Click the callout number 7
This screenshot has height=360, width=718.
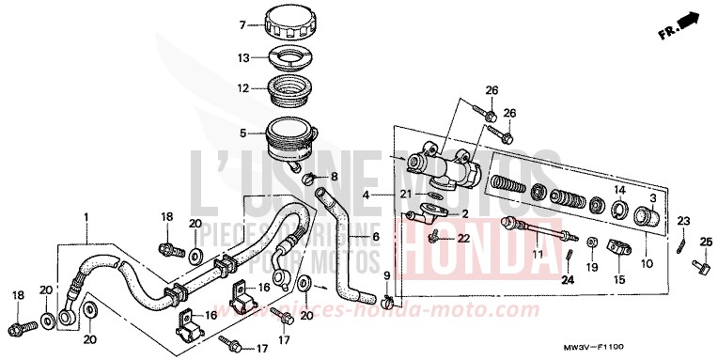tap(215, 25)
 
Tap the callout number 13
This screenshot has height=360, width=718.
tap(217, 58)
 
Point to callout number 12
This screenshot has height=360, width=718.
tap(216, 89)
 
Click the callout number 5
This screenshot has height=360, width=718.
tap(216, 133)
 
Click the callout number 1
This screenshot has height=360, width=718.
tap(86, 217)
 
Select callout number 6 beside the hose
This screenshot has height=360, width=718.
tap(376, 237)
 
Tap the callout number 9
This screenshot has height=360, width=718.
tap(385, 274)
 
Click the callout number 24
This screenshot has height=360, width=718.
tap(568, 279)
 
